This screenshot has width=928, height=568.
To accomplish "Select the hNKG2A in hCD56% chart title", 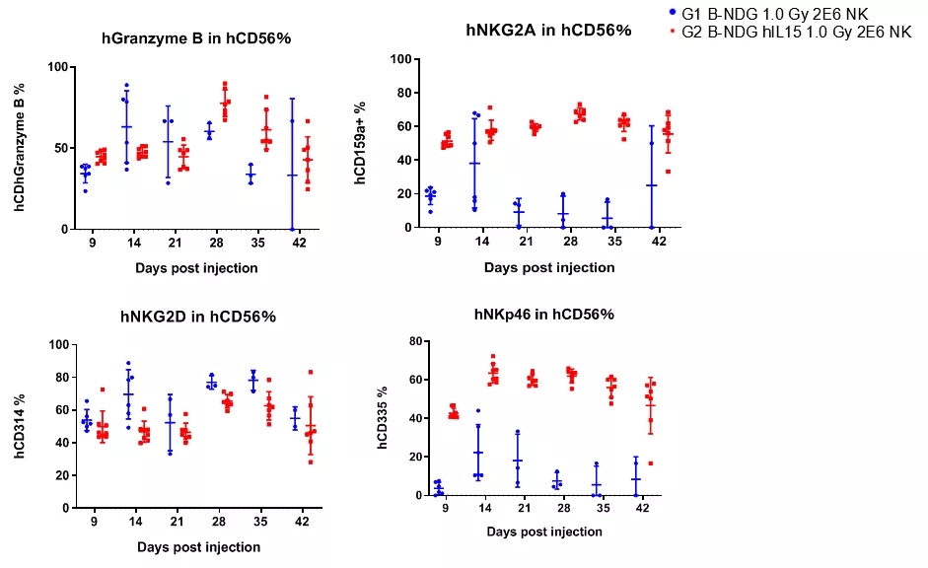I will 548,31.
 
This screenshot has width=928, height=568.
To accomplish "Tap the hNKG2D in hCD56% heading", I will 196,317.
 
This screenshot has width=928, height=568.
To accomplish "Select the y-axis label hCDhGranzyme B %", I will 19,149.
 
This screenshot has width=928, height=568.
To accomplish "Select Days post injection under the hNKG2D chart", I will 199,546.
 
